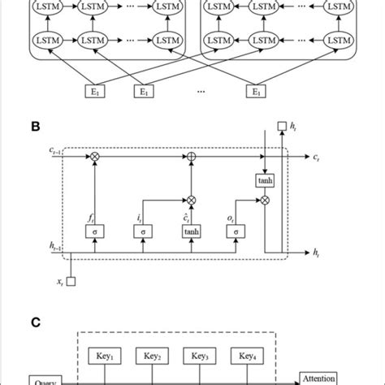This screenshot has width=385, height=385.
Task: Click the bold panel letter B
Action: [35, 128]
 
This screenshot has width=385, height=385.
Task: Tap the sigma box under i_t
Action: [145, 232]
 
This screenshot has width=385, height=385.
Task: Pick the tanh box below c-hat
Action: [192, 232]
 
